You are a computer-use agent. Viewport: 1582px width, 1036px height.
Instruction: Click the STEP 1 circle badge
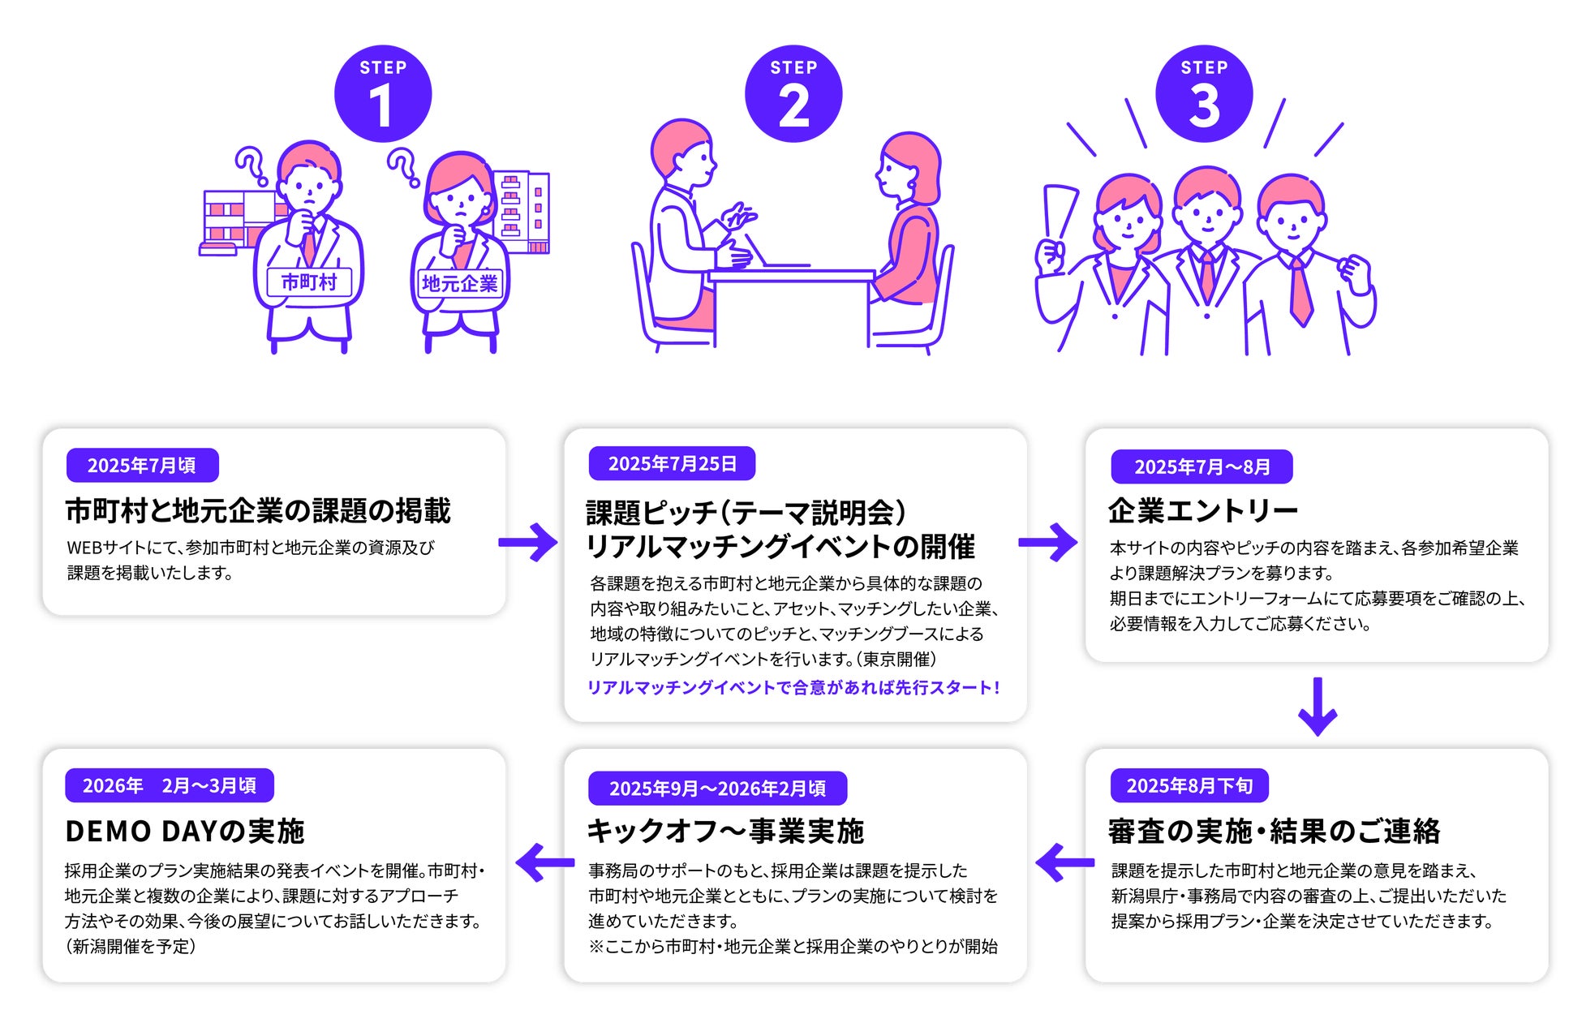click(383, 93)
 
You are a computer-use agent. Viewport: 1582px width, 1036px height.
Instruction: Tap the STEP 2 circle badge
click(793, 93)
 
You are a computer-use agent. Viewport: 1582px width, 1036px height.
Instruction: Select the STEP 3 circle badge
click(1204, 93)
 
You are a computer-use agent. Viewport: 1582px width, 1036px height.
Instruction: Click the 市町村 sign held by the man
click(309, 282)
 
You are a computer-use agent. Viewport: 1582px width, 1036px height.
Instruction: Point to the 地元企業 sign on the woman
click(459, 283)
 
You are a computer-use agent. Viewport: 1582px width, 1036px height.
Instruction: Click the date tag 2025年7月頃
click(142, 466)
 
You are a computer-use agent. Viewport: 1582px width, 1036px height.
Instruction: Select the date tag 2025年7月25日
click(672, 464)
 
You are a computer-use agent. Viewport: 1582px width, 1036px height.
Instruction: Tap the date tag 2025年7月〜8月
click(1202, 467)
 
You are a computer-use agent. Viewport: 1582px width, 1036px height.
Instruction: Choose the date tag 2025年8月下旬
click(1189, 786)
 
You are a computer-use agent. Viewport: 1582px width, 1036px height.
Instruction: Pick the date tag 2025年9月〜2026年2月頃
click(717, 789)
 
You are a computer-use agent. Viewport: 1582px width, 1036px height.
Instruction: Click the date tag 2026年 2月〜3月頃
click(169, 786)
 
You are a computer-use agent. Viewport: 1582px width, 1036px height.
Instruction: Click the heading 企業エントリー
click(1203, 511)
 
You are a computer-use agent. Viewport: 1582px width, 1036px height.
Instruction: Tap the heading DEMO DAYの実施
click(185, 832)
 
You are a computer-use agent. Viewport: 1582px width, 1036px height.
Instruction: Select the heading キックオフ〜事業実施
click(725, 832)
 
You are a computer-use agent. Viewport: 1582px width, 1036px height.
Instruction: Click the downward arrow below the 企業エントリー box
click(1318, 707)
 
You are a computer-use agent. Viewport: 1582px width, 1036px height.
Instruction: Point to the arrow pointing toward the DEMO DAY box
click(544, 862)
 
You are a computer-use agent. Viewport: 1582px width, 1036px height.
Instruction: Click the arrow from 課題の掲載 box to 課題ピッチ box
click(528, 542)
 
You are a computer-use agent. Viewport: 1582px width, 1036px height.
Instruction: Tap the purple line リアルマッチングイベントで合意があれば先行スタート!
click(793, 688)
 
